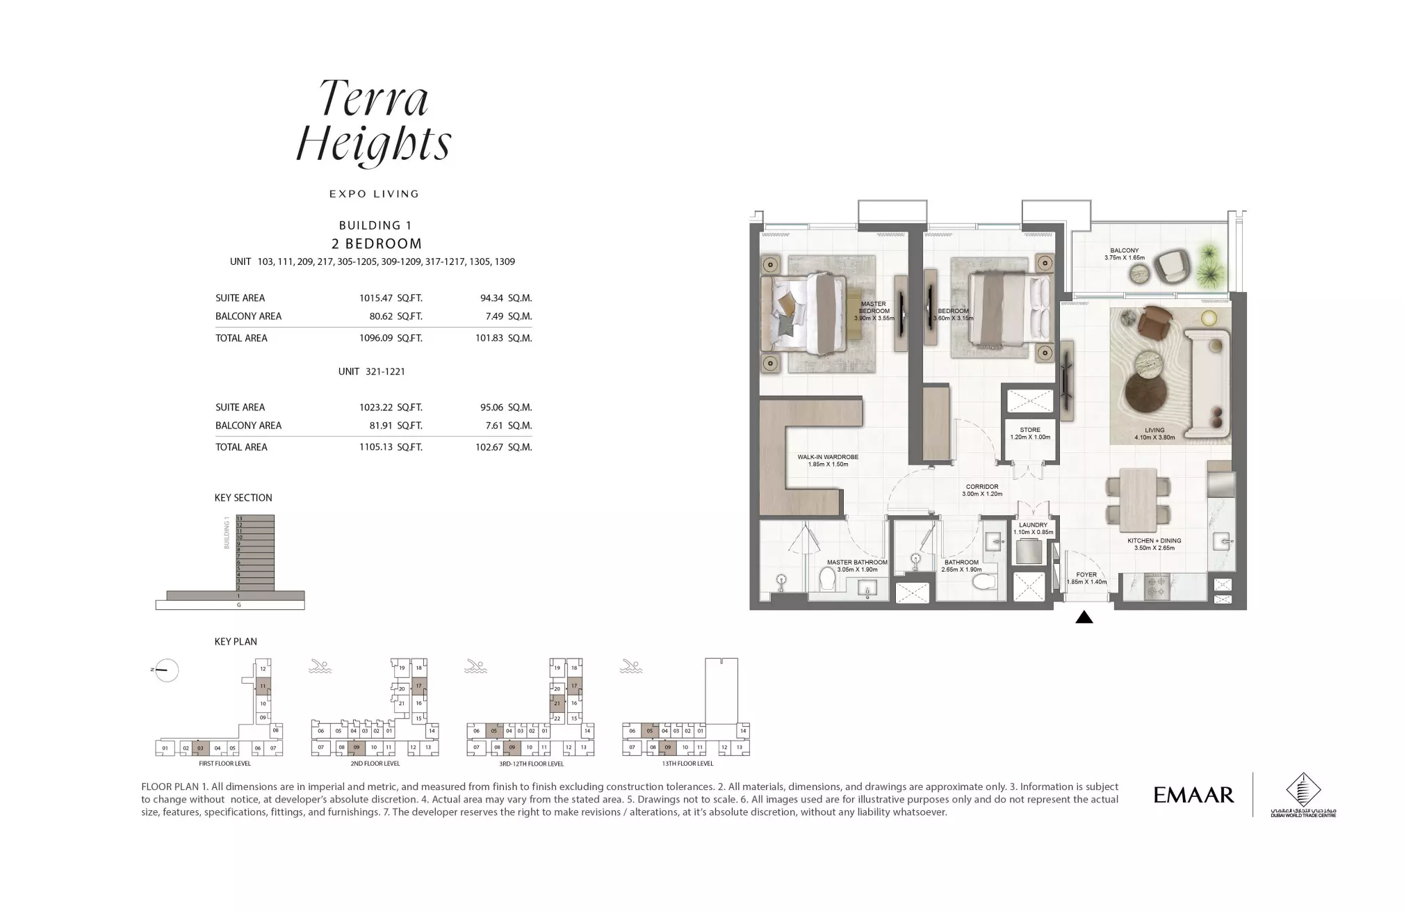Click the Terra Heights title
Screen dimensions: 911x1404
(x=374, y=122)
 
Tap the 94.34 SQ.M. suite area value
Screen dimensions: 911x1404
(x=505, y=298)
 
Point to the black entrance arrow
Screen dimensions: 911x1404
(x=1084, y=618)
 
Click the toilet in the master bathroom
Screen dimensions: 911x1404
(x=827, y=578)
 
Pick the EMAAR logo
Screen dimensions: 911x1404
(x=1193, y=795)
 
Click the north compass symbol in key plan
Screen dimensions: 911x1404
(x=166, y=670)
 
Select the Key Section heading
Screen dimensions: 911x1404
(x=243, y=498)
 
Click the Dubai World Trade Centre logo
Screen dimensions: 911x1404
(x=1303, y=795)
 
